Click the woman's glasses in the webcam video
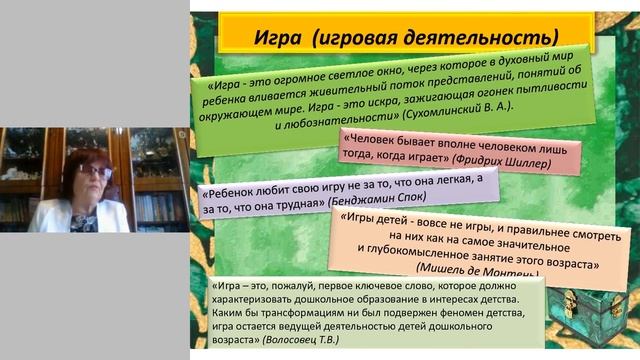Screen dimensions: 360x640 coord(96,171)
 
